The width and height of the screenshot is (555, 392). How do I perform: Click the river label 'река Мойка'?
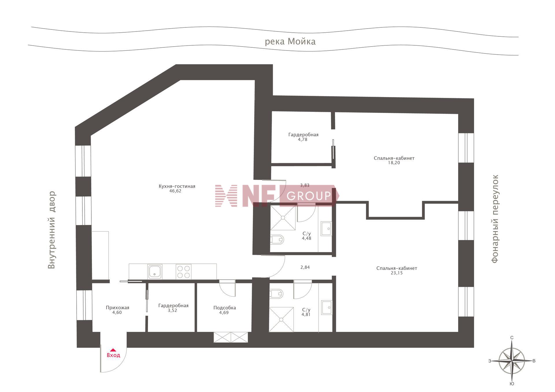(x=290, y=42)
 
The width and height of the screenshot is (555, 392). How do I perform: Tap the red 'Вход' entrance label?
(x=113, y=355)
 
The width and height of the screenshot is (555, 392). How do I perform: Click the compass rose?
(x=512, y=361)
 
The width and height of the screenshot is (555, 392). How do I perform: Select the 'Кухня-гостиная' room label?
(x=177, y=186)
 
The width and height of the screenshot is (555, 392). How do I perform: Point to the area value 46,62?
(x=175, y=191)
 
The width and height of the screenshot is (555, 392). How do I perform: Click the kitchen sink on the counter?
(x=155, y=272)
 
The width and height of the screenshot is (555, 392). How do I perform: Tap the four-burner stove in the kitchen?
(x=184, y=272)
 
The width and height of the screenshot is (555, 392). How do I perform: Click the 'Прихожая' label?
(x=117, y=308)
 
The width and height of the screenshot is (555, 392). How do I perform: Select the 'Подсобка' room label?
(x=225, y=308)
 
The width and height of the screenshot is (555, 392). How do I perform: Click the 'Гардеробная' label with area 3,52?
(x=173, y=306)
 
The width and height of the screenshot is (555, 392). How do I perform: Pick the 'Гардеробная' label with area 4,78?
(x=304, y=135)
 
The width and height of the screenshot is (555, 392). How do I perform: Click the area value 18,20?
(x=394, y=163)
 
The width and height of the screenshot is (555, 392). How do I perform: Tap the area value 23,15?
(x=397, y=273)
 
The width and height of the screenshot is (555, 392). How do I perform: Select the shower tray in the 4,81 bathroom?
(x=281, y=319)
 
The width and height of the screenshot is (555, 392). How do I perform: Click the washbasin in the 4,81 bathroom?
(x=327, y=308)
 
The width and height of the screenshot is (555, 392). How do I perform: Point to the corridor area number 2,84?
(x=305, y=267)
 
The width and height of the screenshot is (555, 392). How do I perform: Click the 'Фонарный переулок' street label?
(x=495, y=219)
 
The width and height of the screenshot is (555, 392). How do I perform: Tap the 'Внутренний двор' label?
(x=51, y=230)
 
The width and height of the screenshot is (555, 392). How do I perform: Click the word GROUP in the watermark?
(x=309, y=196)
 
